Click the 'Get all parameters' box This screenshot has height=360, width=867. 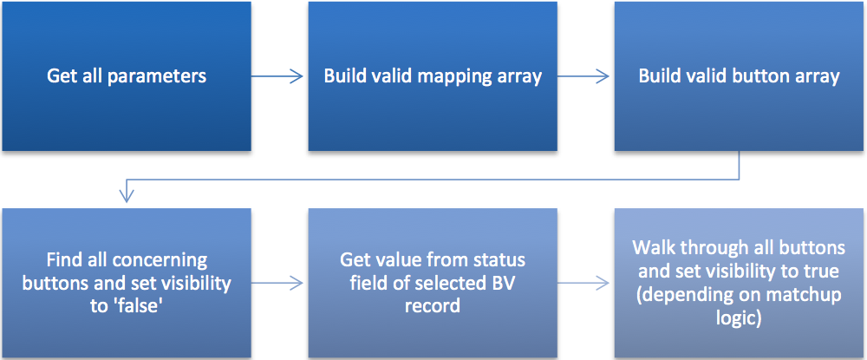(x=127, y=76)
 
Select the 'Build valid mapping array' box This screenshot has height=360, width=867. (x=433, y=76)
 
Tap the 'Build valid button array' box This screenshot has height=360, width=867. (x=740, y=76)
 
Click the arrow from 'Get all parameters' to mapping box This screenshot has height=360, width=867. (x=277, y=76)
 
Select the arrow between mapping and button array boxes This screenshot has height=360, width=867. (x=583, y=76)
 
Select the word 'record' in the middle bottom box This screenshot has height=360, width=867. (x=433, y=305)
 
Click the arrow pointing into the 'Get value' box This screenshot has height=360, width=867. (x=277, y=283)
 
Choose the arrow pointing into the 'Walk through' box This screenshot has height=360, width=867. (x=583, y=283)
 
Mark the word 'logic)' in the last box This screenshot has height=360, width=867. (x=740, y=319)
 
